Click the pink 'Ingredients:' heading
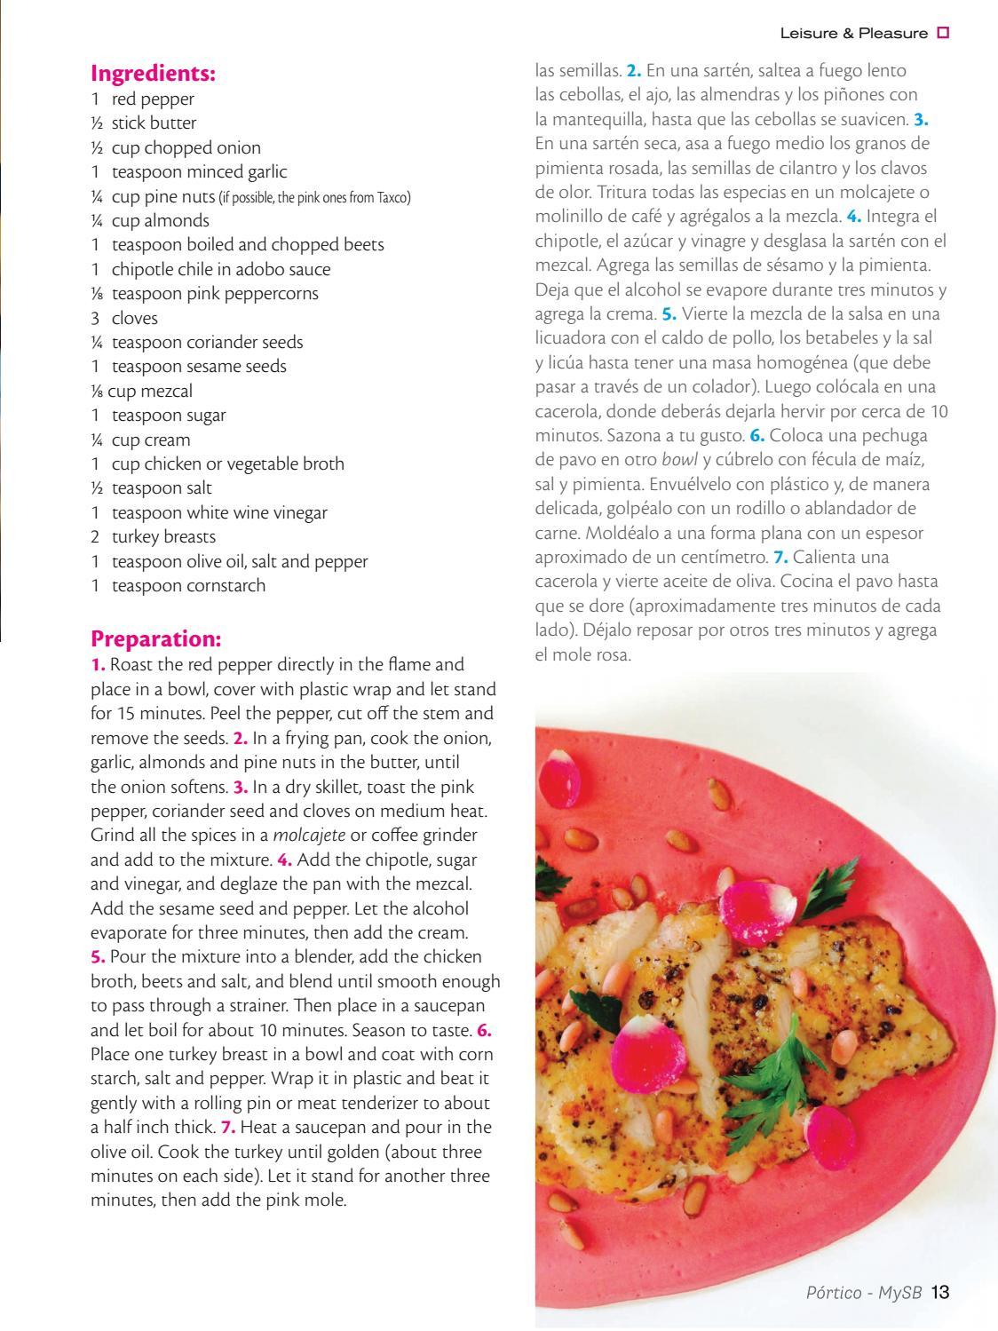[x=154, y=73]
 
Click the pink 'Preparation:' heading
[x=155, y=638]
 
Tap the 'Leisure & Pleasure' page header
[x=853, y=34]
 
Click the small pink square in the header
[x=943, y=34]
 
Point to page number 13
[x=941, y=1292]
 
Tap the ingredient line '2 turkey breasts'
[x=153, y=536]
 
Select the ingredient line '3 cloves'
[x=124, y=318]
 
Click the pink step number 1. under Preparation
[x=99, y=664]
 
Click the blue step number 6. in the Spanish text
[x=757, y=435]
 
